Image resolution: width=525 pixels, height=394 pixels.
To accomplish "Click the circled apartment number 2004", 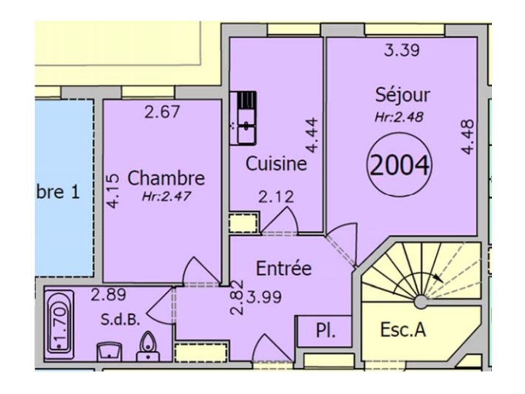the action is click(399, 165).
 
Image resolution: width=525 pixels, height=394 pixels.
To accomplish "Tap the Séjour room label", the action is click(402, 95).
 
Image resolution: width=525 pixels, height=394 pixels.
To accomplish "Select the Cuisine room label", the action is click(276, 164).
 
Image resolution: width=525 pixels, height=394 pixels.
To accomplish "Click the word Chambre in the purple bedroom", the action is click(166, 178).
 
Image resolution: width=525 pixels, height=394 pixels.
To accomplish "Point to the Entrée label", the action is click(284, 268).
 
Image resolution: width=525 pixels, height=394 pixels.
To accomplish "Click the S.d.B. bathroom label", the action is click(120, 320).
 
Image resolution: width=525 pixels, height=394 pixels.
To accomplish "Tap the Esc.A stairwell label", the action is click(403, 329).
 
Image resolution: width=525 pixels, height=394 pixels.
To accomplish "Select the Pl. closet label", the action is click(325, 331).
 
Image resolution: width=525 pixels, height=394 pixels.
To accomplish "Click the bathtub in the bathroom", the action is click(60, 325).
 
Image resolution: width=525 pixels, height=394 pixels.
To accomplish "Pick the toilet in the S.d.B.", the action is click(147, 346).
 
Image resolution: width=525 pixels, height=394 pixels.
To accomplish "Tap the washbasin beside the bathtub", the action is click(109, 351).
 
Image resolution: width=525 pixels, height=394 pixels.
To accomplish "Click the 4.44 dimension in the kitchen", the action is click(312, 135).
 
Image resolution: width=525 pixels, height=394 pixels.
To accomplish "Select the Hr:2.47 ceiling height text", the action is click(166, 196).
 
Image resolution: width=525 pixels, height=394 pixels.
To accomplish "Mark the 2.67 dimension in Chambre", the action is click(162, 112).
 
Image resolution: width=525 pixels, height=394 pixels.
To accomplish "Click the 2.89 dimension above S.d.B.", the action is click(108, 295).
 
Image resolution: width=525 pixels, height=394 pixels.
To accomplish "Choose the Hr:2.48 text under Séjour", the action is click(399, 117).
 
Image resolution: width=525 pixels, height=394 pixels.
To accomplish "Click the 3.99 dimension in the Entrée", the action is click(264, 297).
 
